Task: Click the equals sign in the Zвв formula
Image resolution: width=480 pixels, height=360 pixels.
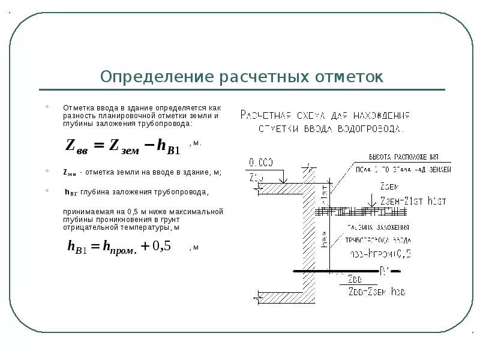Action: pyautogui.click(x=99, y=145)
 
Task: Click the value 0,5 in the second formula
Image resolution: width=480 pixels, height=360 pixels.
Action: pyautogui.click(x=161, y=246)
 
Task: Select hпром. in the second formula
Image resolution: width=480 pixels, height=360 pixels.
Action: pyautogui.click(x=120, y=247)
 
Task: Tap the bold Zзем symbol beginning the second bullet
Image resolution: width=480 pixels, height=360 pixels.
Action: pyautogui.click(x=70, y=172)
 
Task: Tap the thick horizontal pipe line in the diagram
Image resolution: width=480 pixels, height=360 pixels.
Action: pyautogui.click(x=336, y=271)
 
